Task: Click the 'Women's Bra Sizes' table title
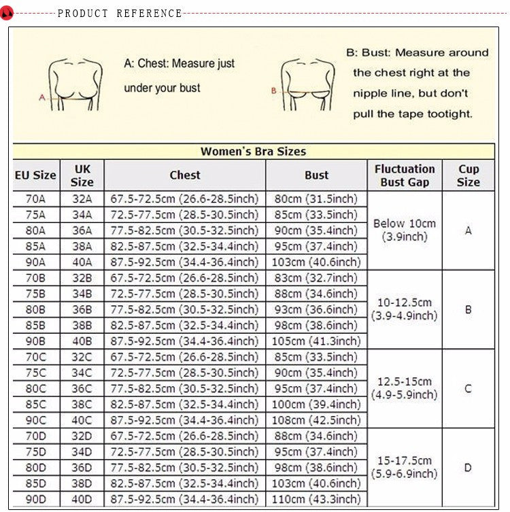point(253,152)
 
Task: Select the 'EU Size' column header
point(35,175)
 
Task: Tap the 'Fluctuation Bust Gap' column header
point(404,175)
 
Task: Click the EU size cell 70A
point(35,199)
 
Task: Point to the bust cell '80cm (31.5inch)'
point(316,199)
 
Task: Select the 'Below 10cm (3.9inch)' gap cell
point(404,230)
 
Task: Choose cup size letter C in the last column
point(468,389)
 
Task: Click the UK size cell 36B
point(81,309)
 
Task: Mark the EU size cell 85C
point(35,405)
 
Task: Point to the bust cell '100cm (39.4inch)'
point(316,405)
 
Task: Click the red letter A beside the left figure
point(41,97)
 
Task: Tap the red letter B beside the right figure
point(273,90)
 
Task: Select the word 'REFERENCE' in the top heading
point(149,13)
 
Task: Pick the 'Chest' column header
point(184,175)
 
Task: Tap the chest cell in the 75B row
point(184,294)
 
